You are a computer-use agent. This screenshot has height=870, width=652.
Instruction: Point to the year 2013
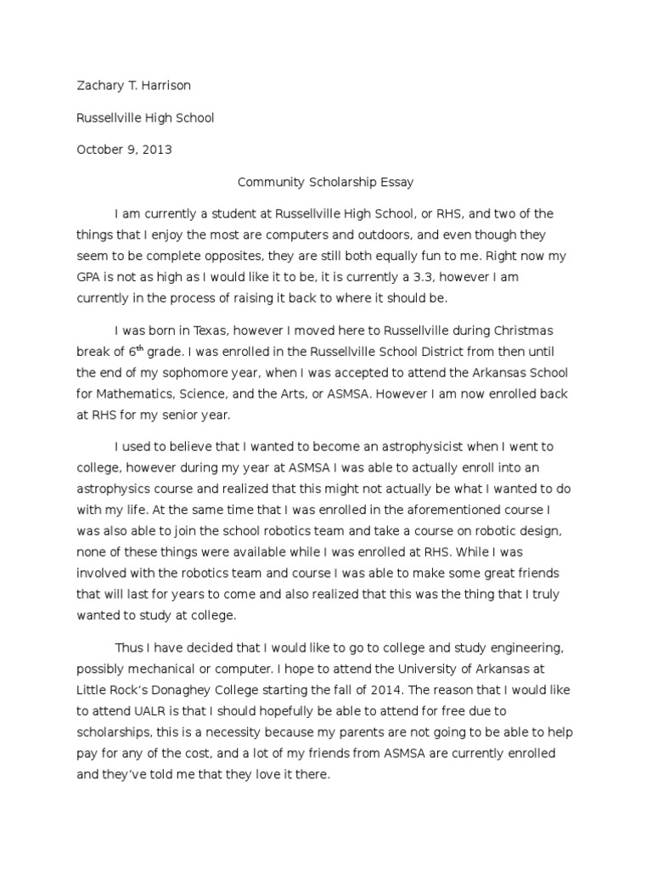pyautogui.click(x=158, y=150)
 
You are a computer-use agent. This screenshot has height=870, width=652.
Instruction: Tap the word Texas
pyautogui.click(x=204, y=330)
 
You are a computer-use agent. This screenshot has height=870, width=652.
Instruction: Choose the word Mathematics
pyautogui.click(x=138, y=393)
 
